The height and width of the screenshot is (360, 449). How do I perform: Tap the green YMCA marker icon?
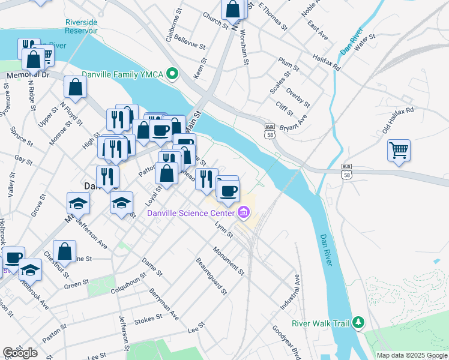[173, 74]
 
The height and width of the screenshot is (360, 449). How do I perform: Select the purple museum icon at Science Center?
[244, 212]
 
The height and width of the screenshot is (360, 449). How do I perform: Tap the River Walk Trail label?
[320, 323]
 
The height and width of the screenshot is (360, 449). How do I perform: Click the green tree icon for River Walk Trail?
[358, 323]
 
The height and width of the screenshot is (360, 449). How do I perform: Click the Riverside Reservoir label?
[82, 26]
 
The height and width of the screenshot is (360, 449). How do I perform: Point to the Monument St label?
[229, 260]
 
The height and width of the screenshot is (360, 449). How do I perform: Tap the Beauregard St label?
[211, 276]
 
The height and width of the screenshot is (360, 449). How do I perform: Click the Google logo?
[20, 353]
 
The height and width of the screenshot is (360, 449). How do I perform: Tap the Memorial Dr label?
[28, 76]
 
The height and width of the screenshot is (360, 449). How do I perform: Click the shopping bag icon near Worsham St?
[233, 10]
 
